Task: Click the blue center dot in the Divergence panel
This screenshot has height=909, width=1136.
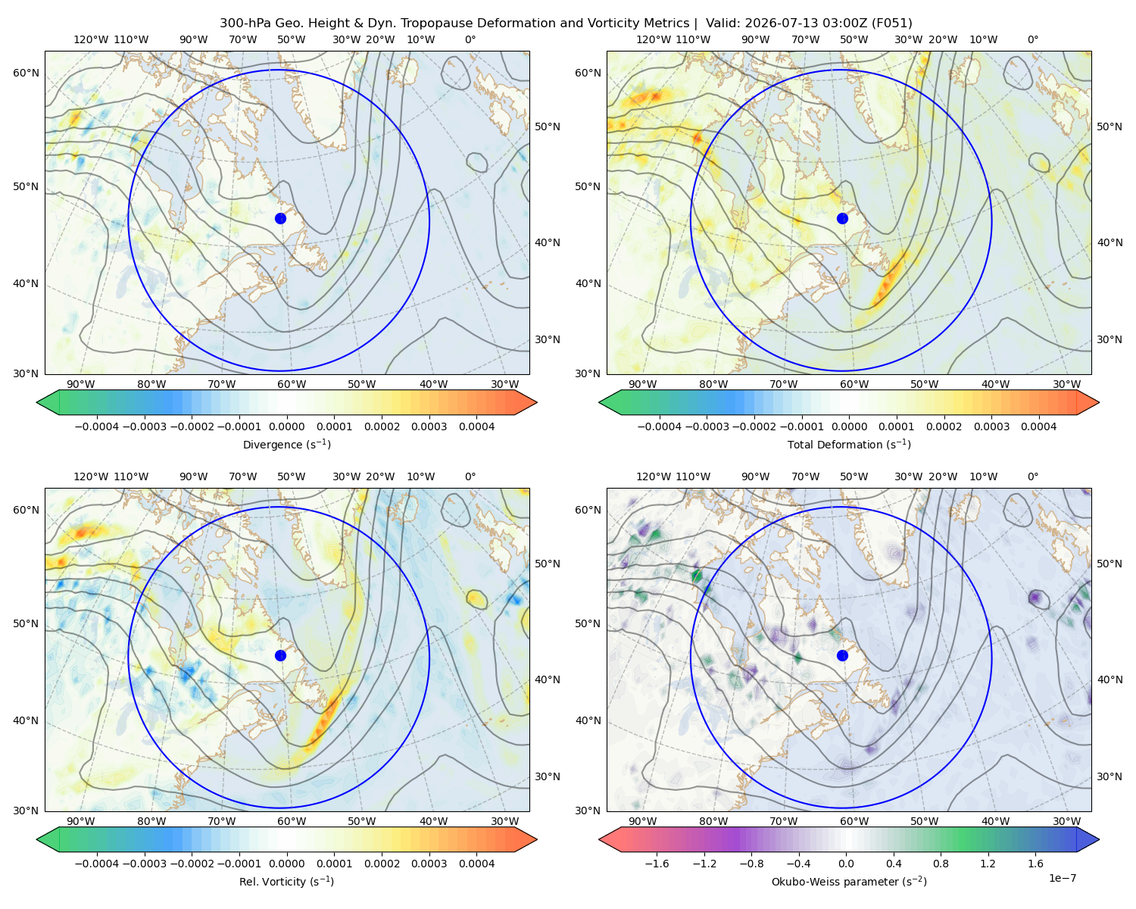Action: click(280, 219)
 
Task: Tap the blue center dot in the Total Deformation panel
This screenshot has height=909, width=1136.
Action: click(842, 219)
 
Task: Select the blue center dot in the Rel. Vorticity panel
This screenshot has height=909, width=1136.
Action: click(280, 655)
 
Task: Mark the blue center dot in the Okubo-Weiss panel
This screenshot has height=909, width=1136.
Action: click(842, 655)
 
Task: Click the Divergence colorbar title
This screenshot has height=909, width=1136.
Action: click(286, 445)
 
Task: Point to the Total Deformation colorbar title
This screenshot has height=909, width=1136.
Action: click(849, 445)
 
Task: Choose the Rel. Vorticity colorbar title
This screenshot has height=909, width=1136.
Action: click(286, 882)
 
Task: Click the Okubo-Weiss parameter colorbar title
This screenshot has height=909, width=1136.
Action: click(849, 882)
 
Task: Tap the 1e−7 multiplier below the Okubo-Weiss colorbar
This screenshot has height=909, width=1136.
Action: click(1062, 879)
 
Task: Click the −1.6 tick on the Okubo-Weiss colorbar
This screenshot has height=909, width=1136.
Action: click(657, 864)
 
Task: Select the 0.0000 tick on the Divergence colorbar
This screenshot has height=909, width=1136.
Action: click(286, 426)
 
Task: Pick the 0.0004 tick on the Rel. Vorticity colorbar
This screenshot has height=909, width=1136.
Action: click(476, 864)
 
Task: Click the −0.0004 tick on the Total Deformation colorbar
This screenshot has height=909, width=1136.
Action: click(660, 426)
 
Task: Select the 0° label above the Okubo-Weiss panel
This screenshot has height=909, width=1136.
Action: click(1032, 476)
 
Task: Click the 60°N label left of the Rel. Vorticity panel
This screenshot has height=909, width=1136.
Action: click(26, 510)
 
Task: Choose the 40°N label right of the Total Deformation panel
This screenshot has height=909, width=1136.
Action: click(1110, 242)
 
